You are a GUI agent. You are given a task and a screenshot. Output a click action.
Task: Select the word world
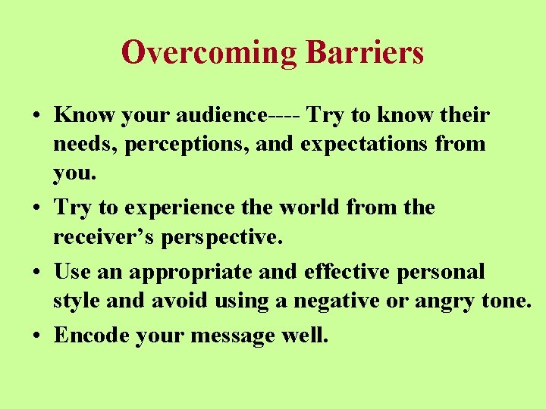point(328,207)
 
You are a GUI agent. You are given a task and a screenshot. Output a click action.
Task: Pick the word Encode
point(92,335)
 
